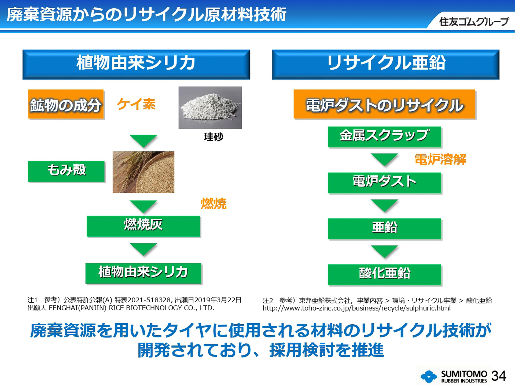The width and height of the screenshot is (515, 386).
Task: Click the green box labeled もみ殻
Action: pyautogui.click(x=66, y=171)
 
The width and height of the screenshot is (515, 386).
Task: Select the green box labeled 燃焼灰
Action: pyautogui.click(x=143, y=226)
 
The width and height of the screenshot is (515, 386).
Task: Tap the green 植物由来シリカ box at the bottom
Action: pyautogui.click(x=143, y=273)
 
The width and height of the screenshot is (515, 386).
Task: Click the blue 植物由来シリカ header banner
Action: pyautogui.click(x=136, y=64)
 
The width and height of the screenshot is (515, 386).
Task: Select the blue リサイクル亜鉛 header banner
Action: pyautogui.click(x=385, y=64)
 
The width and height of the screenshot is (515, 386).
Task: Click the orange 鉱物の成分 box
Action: pyautogui.click(x=66, y=104)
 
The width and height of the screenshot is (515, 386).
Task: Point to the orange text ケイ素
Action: pyautogui.click(x=136, y=104)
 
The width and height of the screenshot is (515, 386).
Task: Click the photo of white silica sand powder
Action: pyautogui.click(x=210, y=107)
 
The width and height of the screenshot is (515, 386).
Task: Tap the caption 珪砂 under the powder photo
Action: pyautogui.click(x=213, y=137)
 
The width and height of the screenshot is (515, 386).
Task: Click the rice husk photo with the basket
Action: pyautogui.click(x=143, y=172)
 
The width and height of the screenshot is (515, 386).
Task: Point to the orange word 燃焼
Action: pyautogui.click(x=214, y=203)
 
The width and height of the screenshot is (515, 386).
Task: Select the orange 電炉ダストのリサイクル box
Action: pyautogui.click(x=384, y=104)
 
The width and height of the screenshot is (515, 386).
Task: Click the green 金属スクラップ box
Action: pyautogui.click(x=384, y=136)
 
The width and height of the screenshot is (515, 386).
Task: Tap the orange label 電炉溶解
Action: pyautogui.click(x=440, y=159)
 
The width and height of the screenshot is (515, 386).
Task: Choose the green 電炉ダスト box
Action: pyautogui.click(x=384, y=183)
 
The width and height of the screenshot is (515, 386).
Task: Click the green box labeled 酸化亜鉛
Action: pyautogui.click(x=384, y=274)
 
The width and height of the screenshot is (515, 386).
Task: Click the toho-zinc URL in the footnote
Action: pyautogui.click(x=356, y=308)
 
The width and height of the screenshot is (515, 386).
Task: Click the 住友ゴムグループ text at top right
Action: pyautogui.click(x=474, y=21)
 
